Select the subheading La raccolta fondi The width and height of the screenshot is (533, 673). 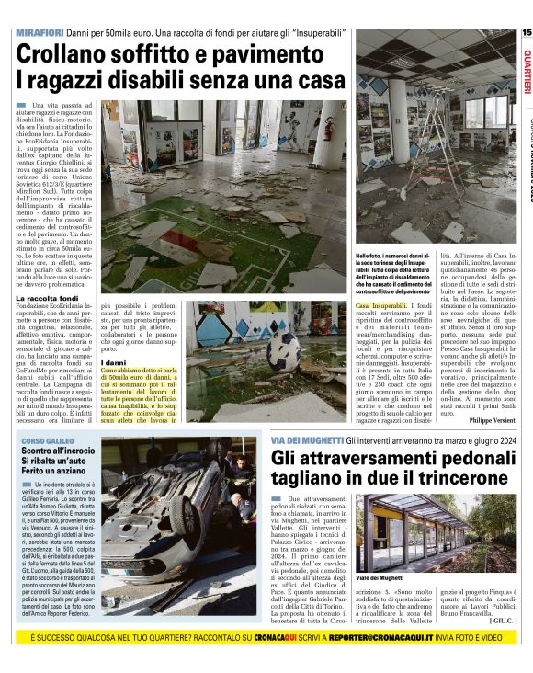[x=47, y=299]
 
